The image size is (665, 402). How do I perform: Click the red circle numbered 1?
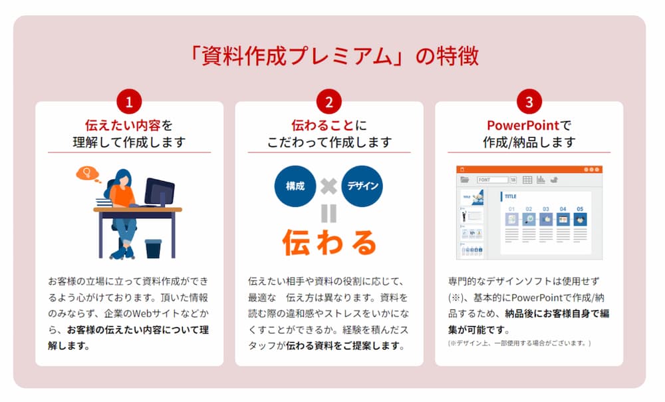tap(129, 102)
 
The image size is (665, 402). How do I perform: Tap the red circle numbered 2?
tap(329, 102)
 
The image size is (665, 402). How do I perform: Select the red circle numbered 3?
tap(529, 102)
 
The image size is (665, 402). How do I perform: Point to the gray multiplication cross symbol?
tap(329, 186)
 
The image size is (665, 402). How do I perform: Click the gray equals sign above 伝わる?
tap(329, 213)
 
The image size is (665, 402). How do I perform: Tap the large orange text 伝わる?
tap(329, 243)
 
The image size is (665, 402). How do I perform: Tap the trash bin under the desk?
tap(153, 248)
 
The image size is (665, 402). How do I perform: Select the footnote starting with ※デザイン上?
tap(519, 343)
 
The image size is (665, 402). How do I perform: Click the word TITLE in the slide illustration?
tap(511, 197)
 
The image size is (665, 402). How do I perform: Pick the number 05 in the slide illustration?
tap(580, 208)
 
